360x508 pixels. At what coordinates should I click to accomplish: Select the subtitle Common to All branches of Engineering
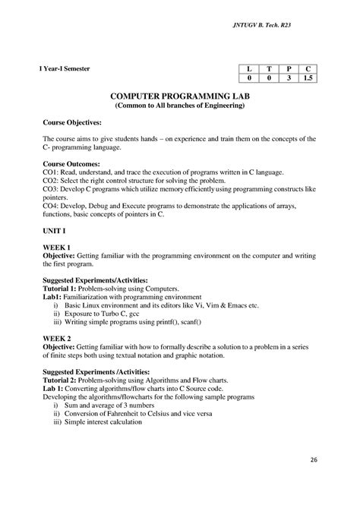coord(180,107)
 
